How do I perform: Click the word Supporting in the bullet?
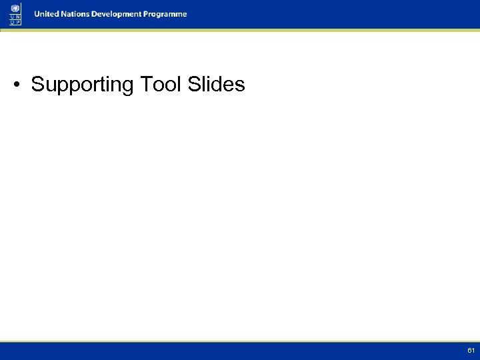coord(83,85)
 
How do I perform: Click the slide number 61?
coord(471,350)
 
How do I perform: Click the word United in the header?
coord(47,14)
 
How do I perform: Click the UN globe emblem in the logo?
coord(15,7)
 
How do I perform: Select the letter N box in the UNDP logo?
coord(18,16)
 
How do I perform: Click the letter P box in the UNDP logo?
coord(18,22)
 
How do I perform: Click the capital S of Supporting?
coord(37,85)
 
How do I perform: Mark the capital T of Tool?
coord(144,85)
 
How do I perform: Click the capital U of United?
coord(37,14)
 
